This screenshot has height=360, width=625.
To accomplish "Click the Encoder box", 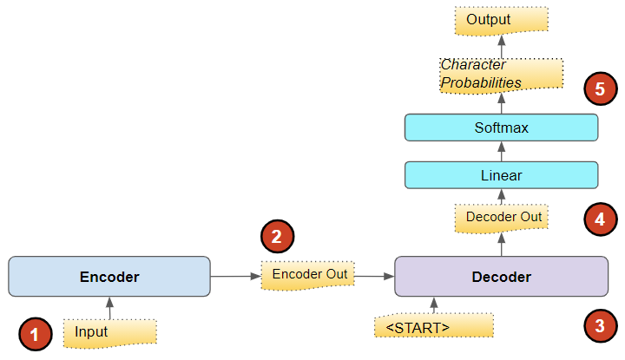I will (x=109, y=277).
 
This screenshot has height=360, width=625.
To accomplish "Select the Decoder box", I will (x=501, y=277).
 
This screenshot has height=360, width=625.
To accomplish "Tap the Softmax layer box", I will (x=501, y=128).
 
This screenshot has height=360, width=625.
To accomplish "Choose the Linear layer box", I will (x=501, y=175).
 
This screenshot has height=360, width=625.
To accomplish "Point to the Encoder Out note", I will (x=309, y=275).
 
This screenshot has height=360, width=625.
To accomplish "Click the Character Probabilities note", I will (x=501, y=75).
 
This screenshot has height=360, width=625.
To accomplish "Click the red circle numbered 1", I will (x=35, y=334).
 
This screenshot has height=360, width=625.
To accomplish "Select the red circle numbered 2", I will (x=278, y=235).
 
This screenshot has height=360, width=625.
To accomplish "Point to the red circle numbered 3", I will (x=600, y=327).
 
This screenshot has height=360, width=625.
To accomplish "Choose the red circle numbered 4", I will (x=600, y=220).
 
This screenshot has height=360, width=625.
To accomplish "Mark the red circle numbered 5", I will (x=600, y=88).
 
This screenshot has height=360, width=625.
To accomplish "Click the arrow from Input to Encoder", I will (x=109, y=308).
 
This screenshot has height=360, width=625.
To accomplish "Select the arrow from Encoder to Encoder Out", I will (x=235, y=277).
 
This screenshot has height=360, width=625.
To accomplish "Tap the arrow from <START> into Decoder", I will (x=433, y=305).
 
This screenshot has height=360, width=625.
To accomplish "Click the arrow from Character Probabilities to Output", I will (x=501, y=47).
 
